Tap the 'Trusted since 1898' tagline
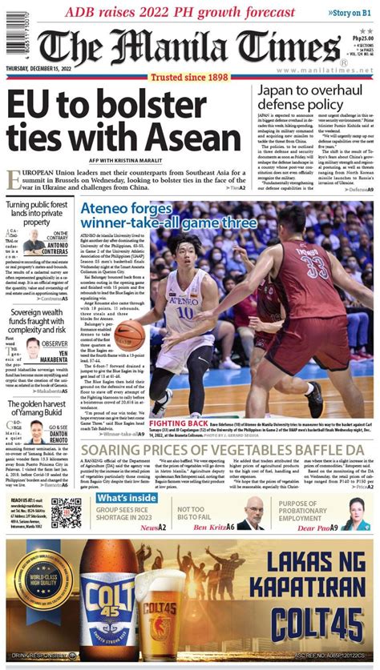189,78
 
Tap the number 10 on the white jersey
185,311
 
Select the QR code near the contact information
67,512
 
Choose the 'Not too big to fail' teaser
192,513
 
